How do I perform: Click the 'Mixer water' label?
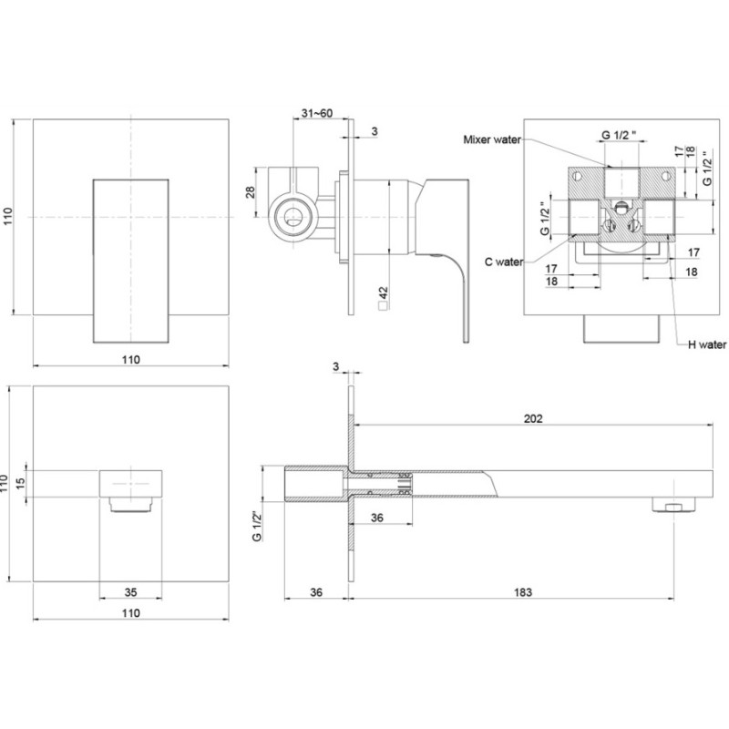[x=492, y=139]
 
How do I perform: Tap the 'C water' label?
[x=502, y=262]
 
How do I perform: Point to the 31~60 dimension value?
[x=315, y=112]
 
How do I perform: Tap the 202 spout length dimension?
[x=534, y=420]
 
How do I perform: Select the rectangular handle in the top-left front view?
[x=131, y=260]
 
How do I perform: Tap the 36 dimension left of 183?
[x=315, y=592]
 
